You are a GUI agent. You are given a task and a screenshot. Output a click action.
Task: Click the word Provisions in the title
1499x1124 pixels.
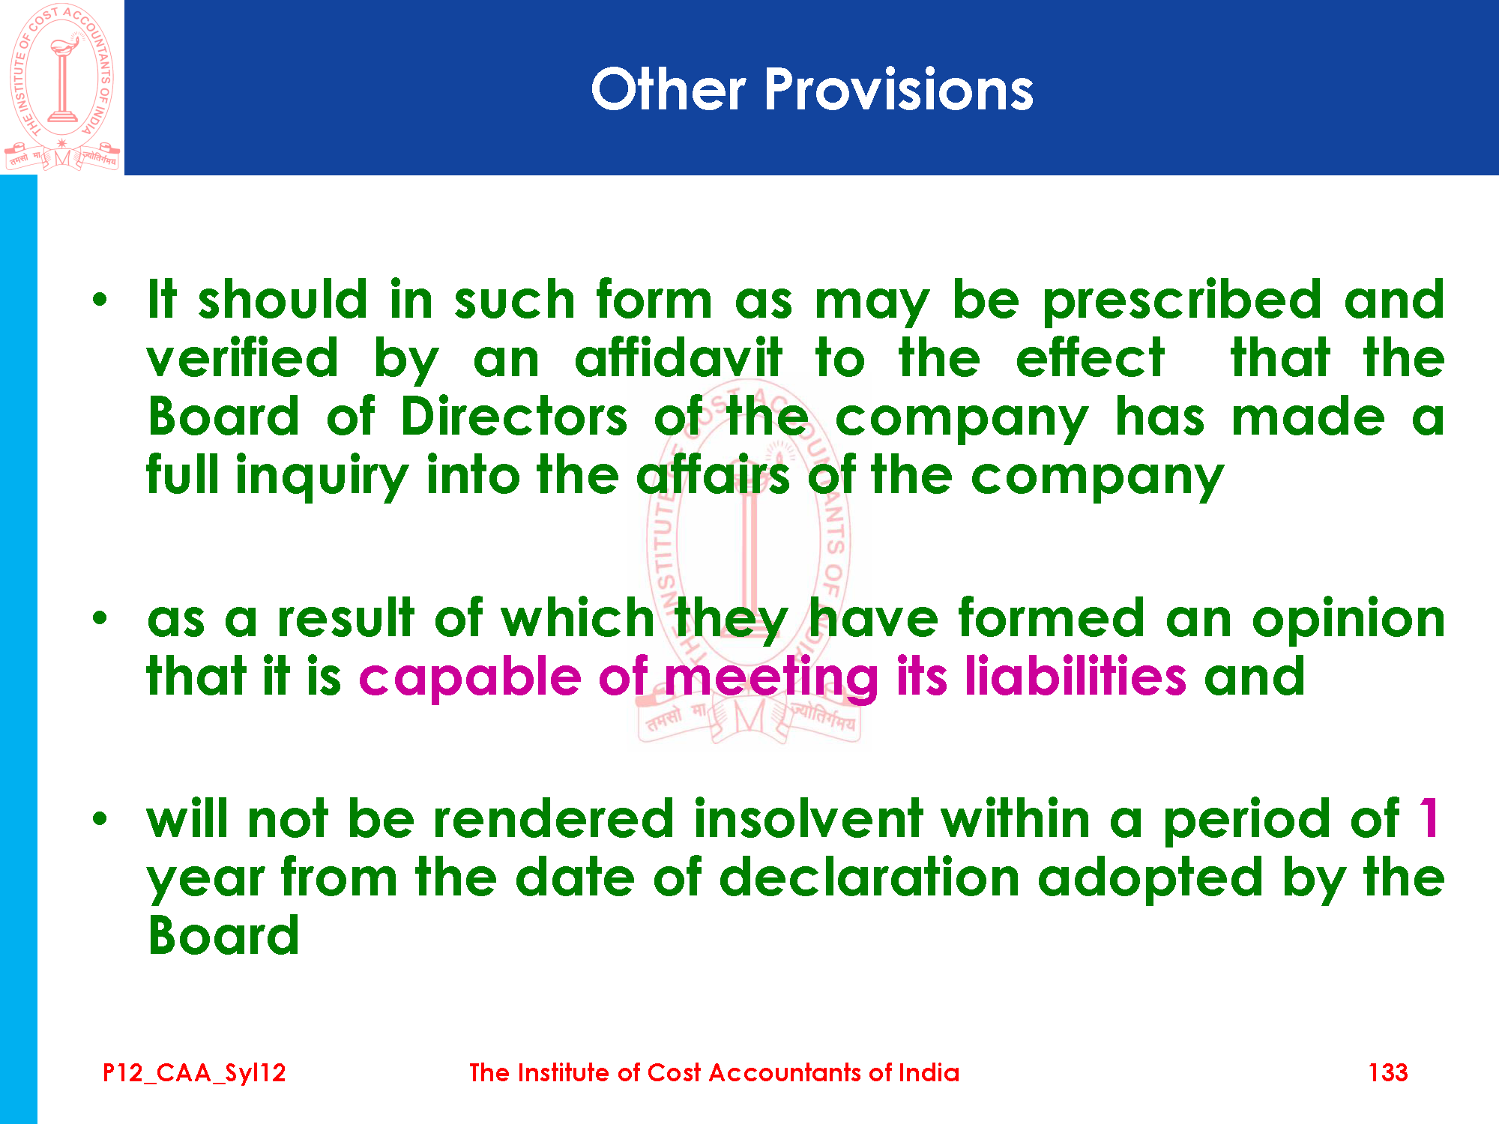click(x=899, y=90)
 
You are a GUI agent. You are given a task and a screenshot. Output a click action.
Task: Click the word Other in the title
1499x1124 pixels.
click(x=669, y=89)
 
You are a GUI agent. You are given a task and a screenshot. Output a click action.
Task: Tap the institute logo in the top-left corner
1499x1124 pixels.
click(x=62, y=87)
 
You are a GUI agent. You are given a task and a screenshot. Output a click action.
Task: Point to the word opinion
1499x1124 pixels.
click(x=1348, y=620)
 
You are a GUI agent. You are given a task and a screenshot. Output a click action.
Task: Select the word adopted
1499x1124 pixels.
click(x=1150, y=879)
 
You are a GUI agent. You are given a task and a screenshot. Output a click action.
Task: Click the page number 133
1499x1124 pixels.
click(x=1387, y=1072)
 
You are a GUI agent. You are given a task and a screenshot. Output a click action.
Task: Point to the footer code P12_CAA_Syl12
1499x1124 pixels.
click(x=194, y=1073)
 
